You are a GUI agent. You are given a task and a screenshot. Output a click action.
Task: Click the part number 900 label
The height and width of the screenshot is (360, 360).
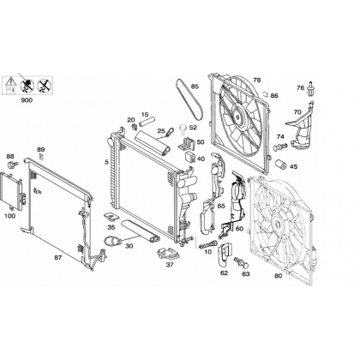pos(27,100)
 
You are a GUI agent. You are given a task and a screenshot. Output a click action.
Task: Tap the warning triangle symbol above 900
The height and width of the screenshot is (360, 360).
pos(10,81)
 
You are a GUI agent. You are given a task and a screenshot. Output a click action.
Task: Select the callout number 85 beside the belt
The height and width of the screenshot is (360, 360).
pos(195,87)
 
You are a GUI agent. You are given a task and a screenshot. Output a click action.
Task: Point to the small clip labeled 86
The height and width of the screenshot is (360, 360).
pos(266,93)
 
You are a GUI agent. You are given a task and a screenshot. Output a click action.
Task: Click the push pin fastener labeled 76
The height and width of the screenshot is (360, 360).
pos(310,89)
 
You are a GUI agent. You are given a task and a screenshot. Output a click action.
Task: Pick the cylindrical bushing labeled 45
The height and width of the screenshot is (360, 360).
pos(280,165)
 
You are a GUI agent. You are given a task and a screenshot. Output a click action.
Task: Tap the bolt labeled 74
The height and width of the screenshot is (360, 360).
pos(279,147)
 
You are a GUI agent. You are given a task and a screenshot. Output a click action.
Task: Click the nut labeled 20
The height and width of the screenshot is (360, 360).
pos(133,126)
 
